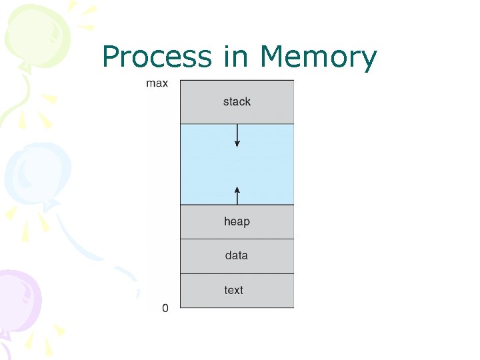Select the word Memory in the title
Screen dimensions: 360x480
319,57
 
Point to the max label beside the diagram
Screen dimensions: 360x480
157,84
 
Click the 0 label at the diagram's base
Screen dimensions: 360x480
165,308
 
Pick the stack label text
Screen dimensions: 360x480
237,102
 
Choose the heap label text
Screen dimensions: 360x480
237,221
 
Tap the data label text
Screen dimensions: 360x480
237,255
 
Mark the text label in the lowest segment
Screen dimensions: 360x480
234,290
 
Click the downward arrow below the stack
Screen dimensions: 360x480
237,136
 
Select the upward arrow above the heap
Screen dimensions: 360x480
237,195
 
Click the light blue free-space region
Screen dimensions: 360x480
267,164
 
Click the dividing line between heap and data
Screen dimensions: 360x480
237,239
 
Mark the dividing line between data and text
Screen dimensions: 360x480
237,273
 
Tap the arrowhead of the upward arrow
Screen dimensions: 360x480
237,189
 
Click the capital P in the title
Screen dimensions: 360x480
111,57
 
